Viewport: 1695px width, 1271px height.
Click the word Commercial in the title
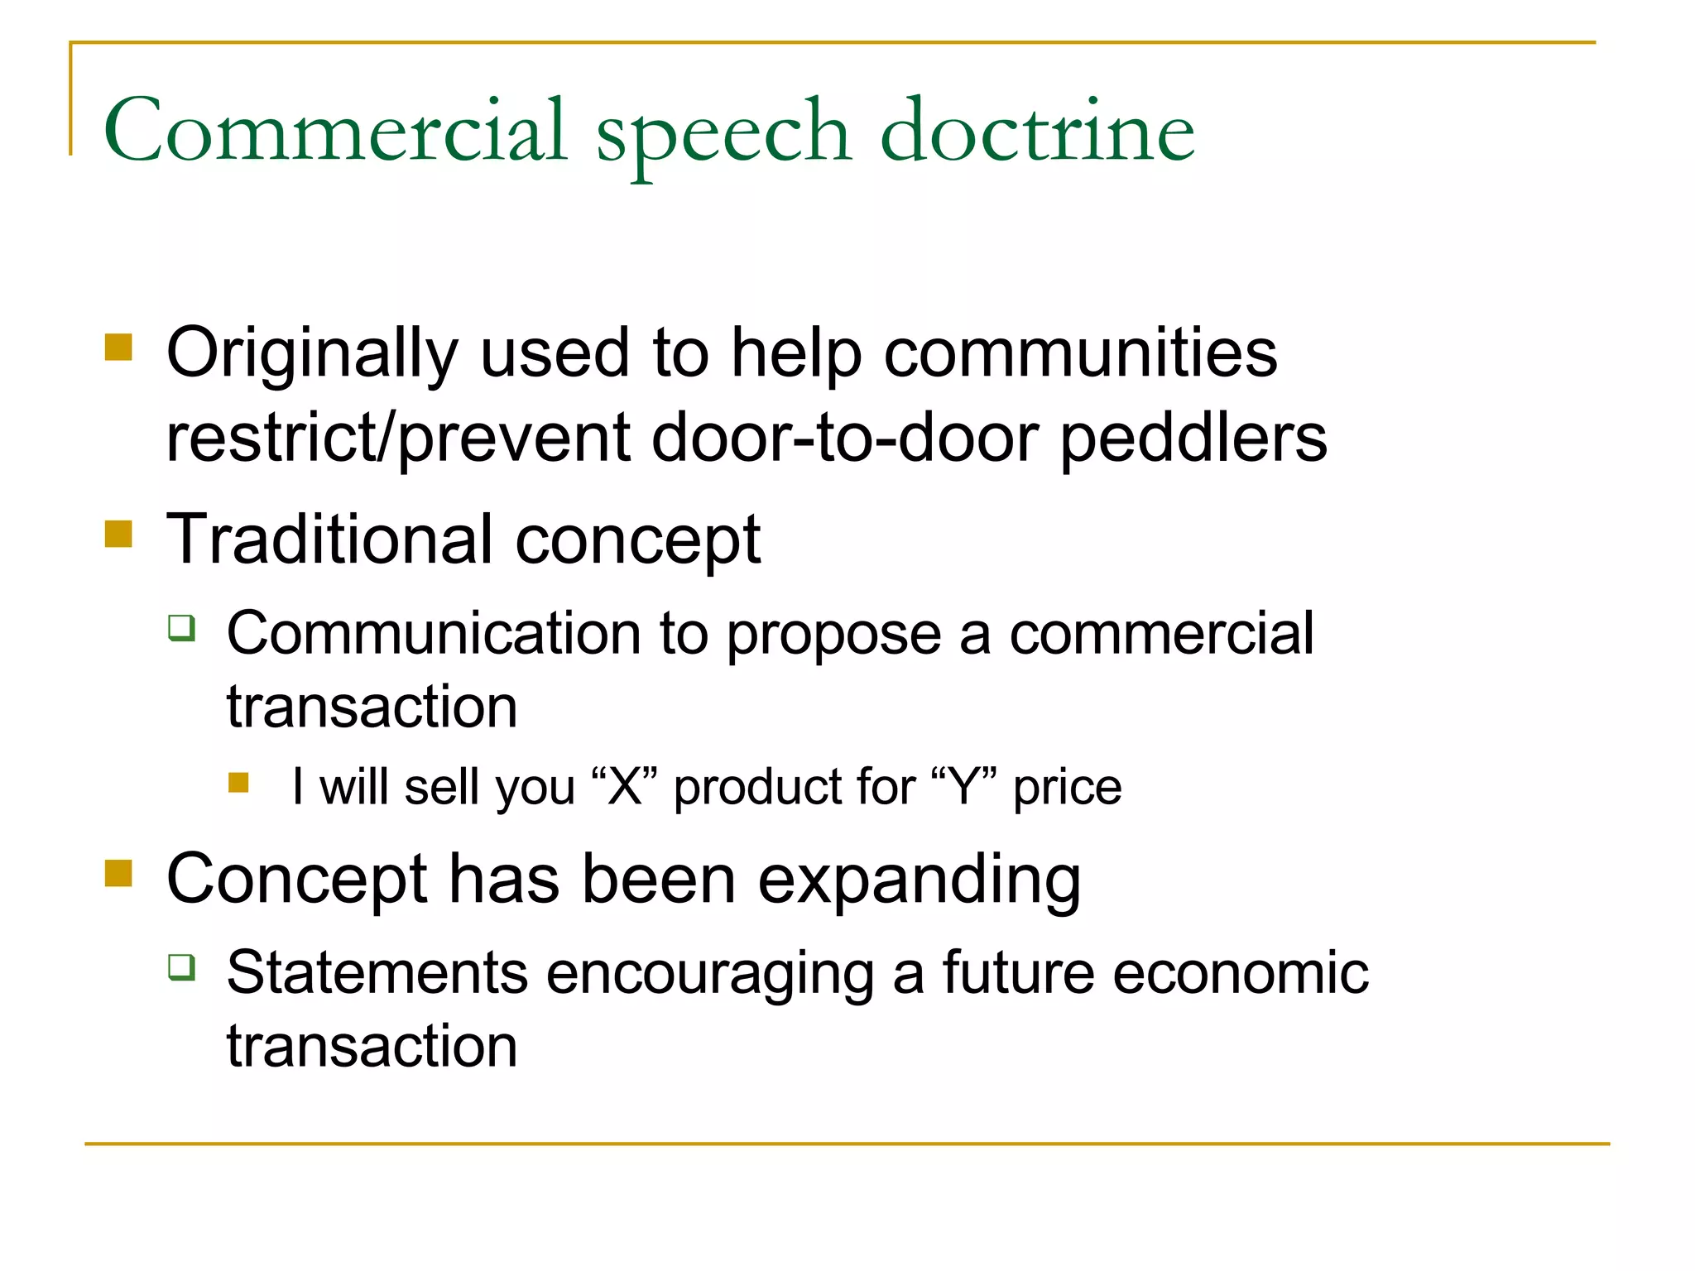click(335, 131)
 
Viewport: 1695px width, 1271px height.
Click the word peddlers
click(1193, 439)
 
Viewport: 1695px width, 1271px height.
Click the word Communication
click(434, 634)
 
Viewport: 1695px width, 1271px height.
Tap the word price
click(1068, 788)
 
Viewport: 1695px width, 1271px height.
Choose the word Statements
click(377, 972)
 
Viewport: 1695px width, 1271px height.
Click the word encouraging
click(709, 974)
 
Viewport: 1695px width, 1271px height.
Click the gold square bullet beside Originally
click(119, 348)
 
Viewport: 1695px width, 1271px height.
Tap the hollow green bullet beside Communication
click(181, 628)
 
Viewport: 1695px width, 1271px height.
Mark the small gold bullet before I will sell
click(238, 783)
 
